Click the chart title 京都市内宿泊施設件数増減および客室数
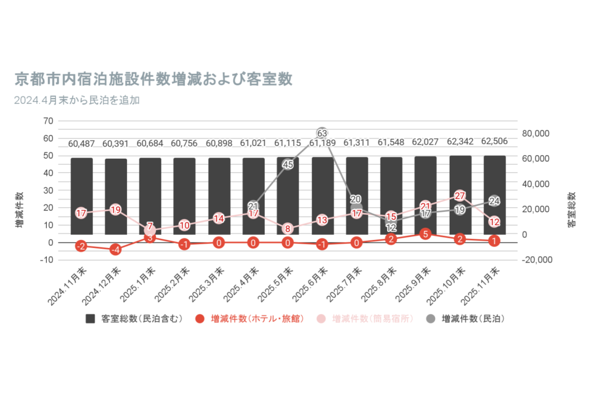(154, 78)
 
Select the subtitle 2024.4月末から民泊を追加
(77, 100)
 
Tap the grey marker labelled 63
(322, 133)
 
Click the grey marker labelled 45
(288, 164)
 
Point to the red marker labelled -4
(115, 250)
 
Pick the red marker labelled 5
(425, 234)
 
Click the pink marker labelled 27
(460, 196)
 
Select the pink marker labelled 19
(115, 209)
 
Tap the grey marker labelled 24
(494, 201)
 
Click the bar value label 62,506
(494, 142)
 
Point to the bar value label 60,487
(81, 144)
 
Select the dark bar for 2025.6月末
(322, 196)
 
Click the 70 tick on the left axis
(48, 121)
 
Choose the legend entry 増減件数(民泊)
(467, 318)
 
